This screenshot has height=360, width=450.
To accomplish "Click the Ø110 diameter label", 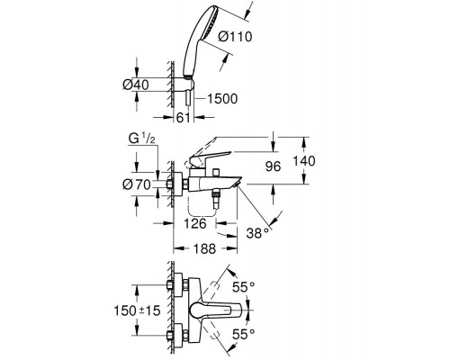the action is point(235,37).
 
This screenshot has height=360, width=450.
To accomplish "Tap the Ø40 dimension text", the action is point(136,85).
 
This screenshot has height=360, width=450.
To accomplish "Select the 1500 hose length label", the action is point(222,98).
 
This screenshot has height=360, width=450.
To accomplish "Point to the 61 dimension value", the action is point(184,118).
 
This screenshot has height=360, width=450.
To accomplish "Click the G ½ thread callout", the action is point(141,139).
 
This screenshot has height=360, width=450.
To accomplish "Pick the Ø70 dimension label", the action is point(136,184).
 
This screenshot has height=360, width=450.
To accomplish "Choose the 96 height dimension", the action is point(273,166).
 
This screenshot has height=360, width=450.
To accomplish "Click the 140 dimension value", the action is point(304,161).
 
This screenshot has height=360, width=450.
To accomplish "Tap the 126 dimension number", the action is point(195,223).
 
